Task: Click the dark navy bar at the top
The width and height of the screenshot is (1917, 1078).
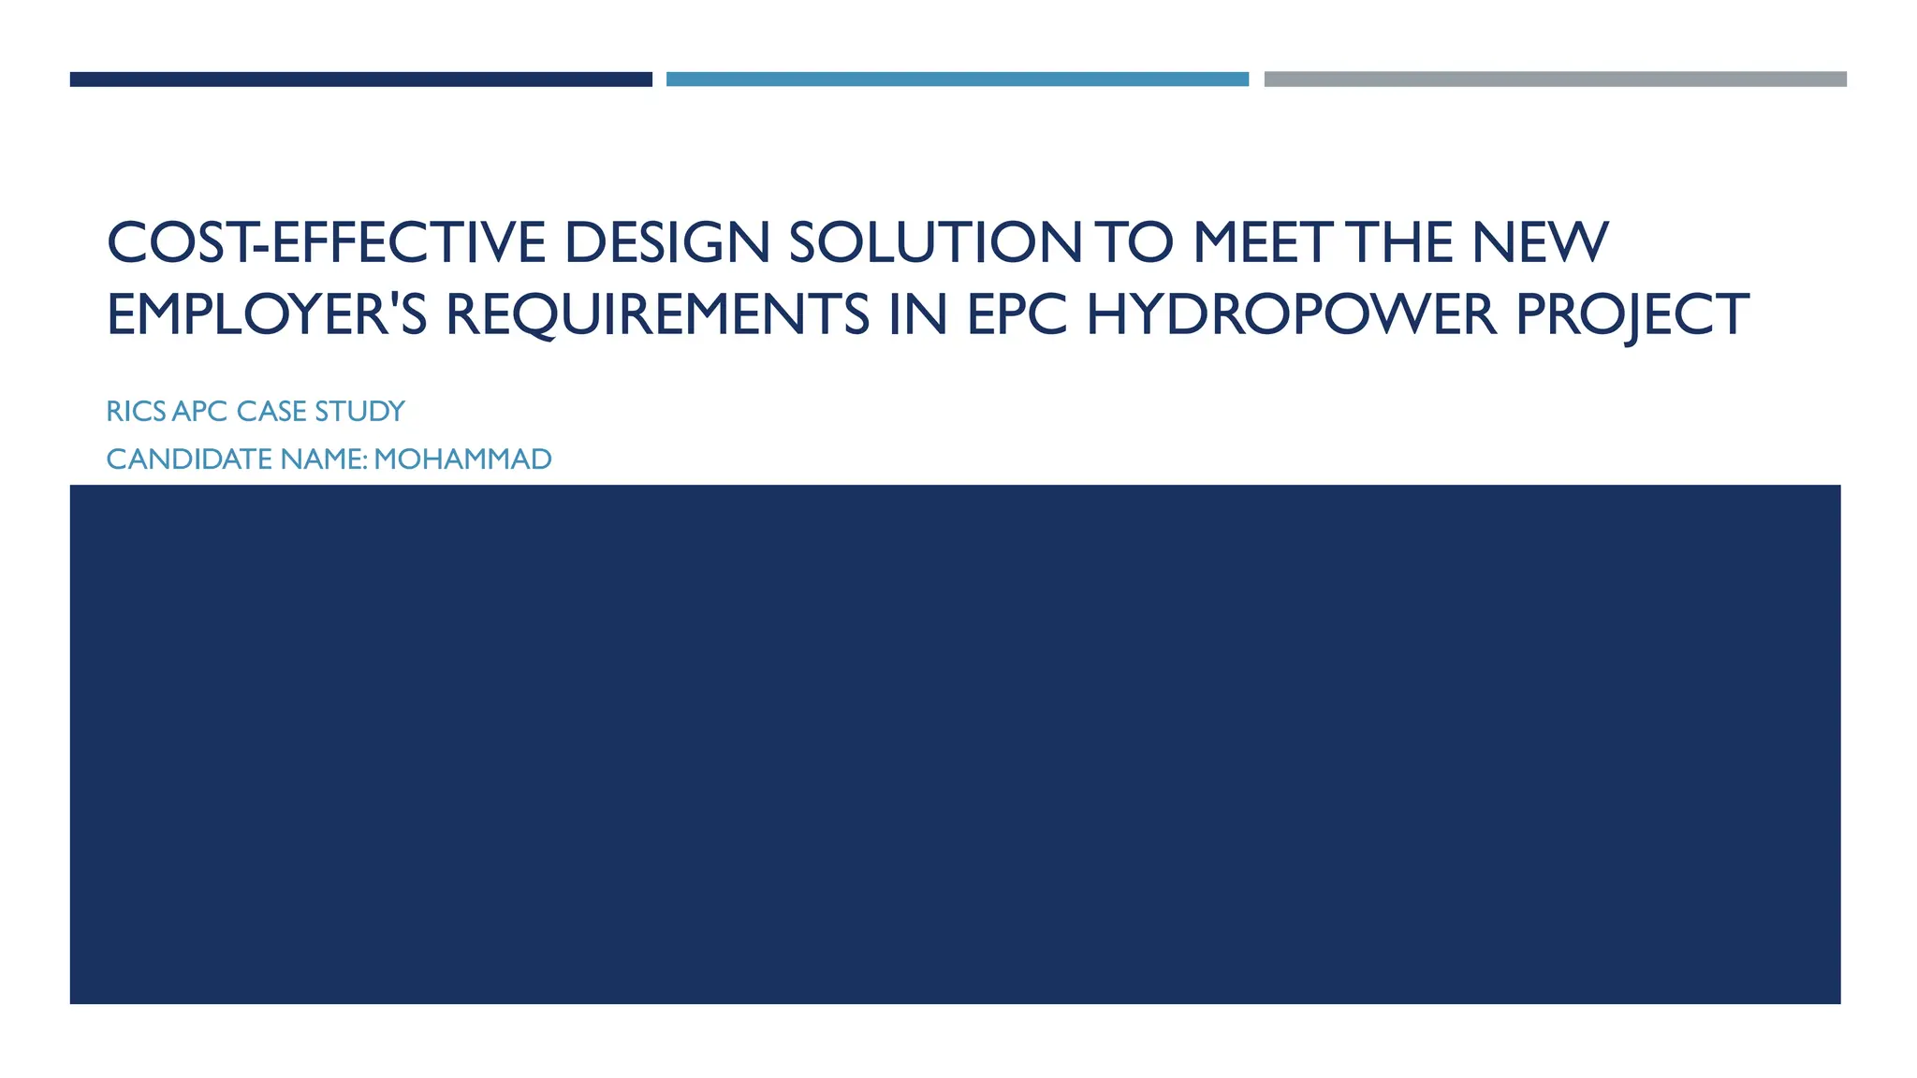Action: (x=360, y=80)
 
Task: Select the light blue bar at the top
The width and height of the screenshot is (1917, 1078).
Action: (x=957, y=80)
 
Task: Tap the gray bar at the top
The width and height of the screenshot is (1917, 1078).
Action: (x=1555, y=80)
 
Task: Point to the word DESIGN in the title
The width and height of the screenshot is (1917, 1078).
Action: (x=666, y=242)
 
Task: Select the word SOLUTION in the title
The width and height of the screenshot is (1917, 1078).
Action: (x=935, y=242)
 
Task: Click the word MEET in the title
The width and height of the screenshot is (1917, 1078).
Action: (x=1261, y=242)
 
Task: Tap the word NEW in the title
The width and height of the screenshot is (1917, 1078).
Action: (x=1540, y=242)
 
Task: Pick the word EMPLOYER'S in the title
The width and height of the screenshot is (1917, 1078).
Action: (x=267, y=314)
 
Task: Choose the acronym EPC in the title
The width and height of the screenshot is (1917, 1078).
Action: (x=1016, y=314)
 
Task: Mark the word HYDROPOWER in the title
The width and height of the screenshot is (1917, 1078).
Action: (x=1291, y=314)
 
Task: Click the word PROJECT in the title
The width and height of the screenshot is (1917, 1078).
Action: (x=1632, y=314)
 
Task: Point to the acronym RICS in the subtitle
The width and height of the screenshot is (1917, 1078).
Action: (x=137, y=412)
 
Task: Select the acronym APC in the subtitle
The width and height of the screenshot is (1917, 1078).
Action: (x=200, y=412)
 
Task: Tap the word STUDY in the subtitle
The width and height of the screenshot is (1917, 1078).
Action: (x=359, y=412)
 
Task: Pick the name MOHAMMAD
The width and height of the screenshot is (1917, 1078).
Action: (x=462, y=459)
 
